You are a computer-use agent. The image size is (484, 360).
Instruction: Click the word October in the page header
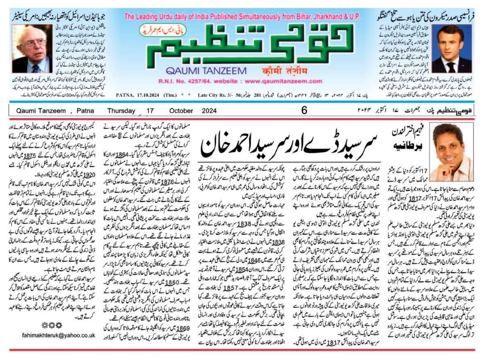point(181,110)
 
